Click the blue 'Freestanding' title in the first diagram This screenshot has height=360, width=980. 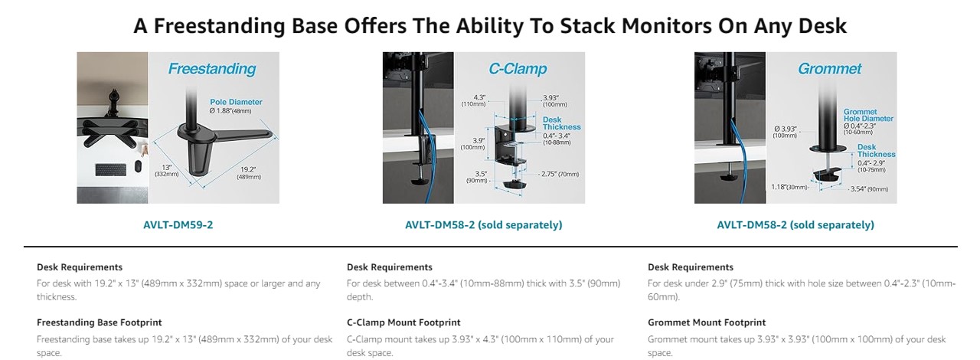pos(212,69)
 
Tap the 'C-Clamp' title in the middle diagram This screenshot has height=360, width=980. pos(518,69)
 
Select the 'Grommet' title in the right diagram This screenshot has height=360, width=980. pos(829,69)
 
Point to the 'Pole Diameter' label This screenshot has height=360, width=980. pos(236,102)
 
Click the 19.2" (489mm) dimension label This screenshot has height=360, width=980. pos(249,173)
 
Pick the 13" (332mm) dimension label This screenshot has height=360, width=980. pos(167,170)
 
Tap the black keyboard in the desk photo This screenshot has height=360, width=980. pos(111,169)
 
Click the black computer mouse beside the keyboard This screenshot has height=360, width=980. pos(138,167)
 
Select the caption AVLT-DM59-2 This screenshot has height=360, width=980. pos(178,224)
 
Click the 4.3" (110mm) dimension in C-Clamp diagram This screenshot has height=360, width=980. pos(473,101)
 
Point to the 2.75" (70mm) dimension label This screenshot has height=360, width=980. pos(560,174)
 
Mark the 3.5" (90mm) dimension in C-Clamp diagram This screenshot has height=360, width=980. pos(477,177)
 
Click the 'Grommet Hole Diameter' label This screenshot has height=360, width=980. pos(868,115)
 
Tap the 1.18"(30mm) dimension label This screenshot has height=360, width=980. pos(789,187)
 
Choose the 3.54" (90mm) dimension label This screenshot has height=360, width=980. pos(869,189)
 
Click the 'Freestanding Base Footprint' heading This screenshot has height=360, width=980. pos(100,322)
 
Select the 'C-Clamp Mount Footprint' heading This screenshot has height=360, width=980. pos(403,322)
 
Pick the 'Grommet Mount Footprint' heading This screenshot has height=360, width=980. pos(707,322)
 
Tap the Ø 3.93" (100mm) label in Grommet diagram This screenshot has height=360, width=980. pos(785,132)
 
